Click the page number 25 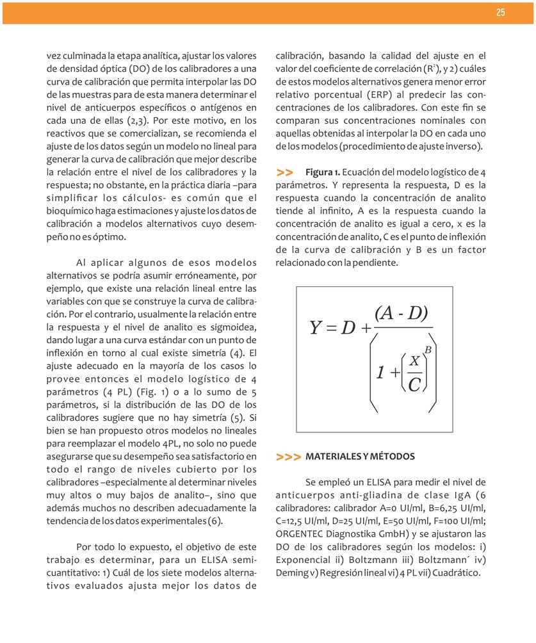500,13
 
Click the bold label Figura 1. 323,173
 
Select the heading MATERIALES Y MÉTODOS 361,457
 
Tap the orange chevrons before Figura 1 285,173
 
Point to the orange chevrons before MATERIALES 288,457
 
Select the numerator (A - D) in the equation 402,313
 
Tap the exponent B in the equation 428,350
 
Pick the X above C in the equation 414,362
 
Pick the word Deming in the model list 290,573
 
